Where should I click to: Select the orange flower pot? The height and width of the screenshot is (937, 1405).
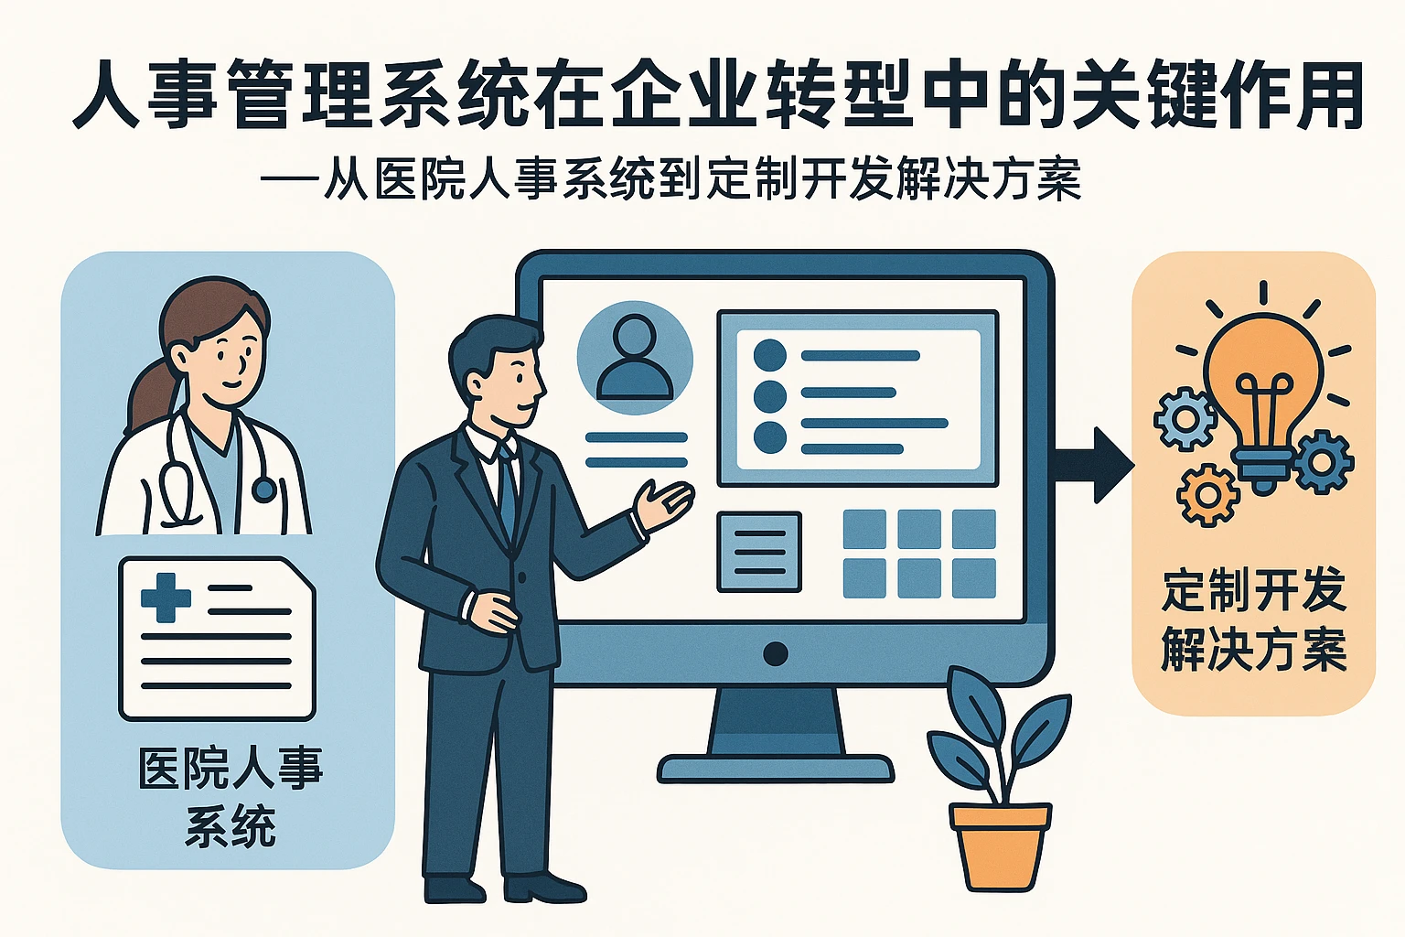(x=1000, y=844)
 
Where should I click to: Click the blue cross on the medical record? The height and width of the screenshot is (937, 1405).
(x=166, y=598)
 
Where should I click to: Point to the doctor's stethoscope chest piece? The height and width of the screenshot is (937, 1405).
(x=263, y=490)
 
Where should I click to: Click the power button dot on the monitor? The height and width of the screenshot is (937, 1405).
(x=775, y=653)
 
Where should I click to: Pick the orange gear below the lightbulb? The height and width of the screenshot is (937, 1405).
(x=1207, y=495)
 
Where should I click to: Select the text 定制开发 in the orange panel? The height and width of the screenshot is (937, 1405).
(x=1253, y=590)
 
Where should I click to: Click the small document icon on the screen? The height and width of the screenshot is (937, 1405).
(x=759, y=552)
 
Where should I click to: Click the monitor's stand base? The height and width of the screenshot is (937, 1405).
(x=775, y=768)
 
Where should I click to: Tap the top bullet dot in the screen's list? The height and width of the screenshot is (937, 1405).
(x=770, y=355)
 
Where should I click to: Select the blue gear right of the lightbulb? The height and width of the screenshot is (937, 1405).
(x=1323, y=461)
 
